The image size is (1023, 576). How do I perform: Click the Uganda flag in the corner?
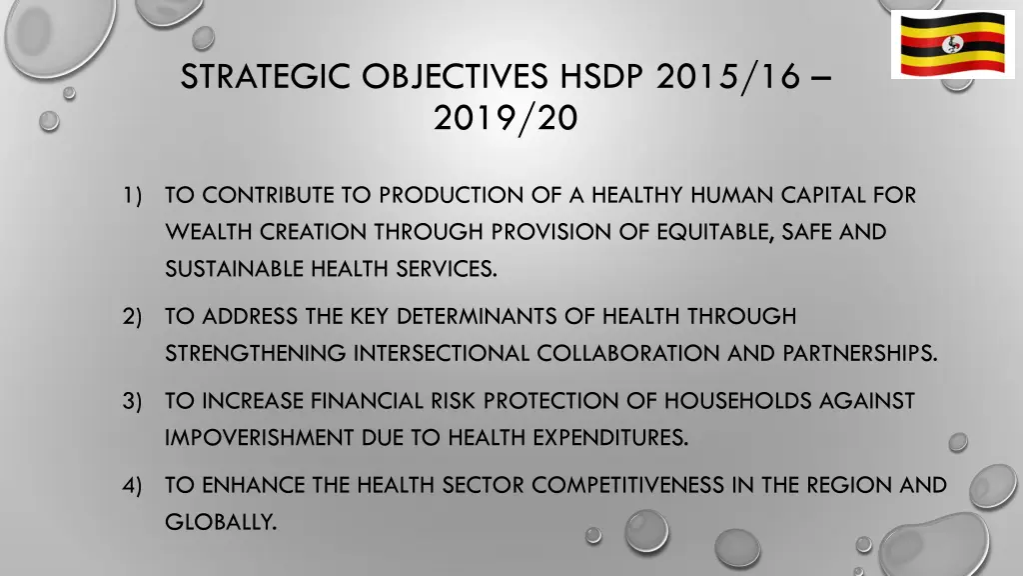click(952, 45)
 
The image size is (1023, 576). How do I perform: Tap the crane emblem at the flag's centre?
click(952, 45)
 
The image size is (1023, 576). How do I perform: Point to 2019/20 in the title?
click(506, 119)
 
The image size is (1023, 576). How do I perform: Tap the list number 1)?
click(134, 195)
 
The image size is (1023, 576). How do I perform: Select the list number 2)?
click(134, 317)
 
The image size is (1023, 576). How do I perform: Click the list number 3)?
click(134, 402)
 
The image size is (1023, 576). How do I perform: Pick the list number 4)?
click(134, 486)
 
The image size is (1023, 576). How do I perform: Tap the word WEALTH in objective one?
click(202, 232)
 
